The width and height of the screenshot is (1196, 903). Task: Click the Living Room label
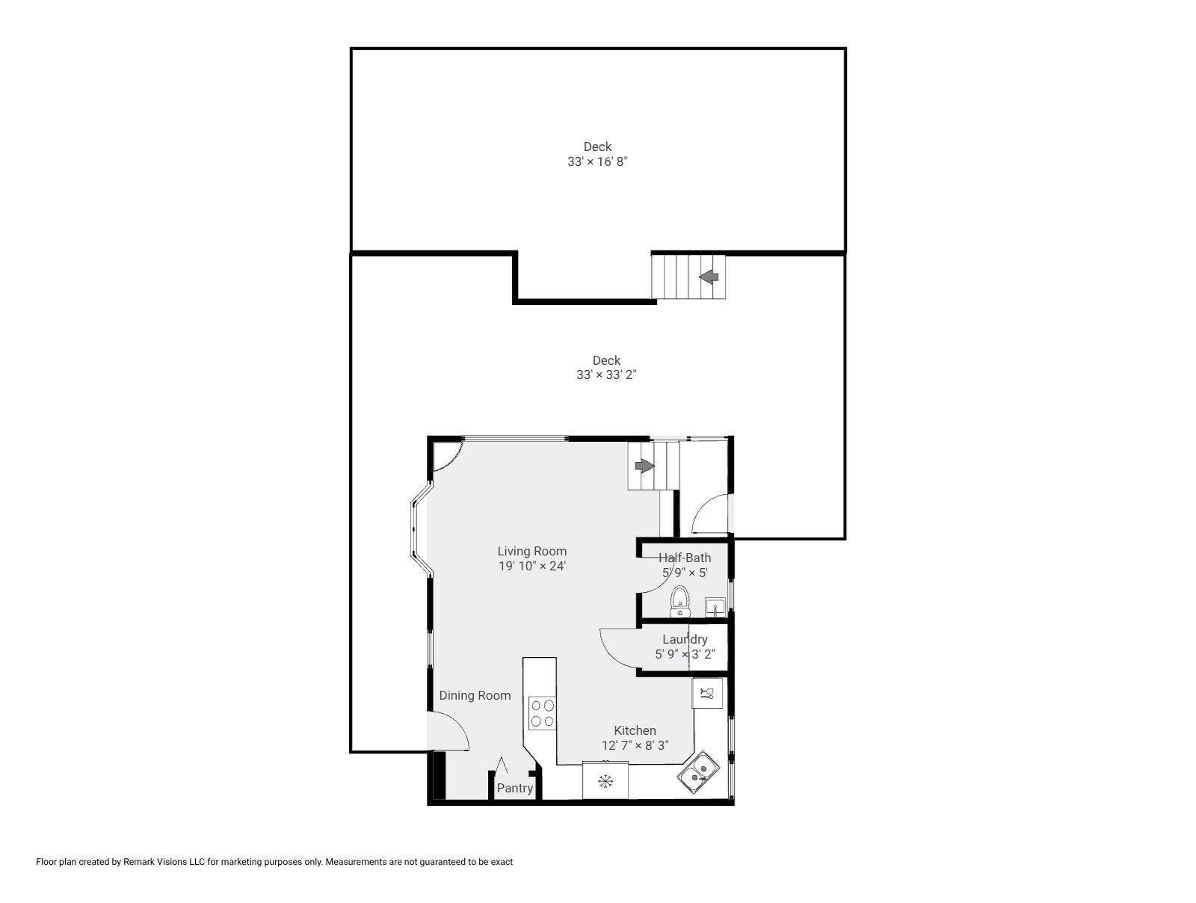pyautogui.click(x=531, y=551)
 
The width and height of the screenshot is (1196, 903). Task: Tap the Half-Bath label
pyautogui.click(x=685, y=558)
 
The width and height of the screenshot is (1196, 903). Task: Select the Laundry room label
pyautogui.click(x=685, y=639)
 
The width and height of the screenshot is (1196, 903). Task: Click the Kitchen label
pyautogui.click(x=635, y=730)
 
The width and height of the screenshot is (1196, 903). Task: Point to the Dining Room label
pyautogui.click(x=475, y=695)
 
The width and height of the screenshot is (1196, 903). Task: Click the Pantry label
pyautogui.click(x=514, y=788)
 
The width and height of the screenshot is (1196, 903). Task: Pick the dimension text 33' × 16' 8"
pyautogui.click(x=597, y=161)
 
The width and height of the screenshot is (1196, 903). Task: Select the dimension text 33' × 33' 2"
pyautogui.click(x=606, y=375)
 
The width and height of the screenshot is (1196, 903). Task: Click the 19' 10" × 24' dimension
pyautogui.click(x=531, y=567)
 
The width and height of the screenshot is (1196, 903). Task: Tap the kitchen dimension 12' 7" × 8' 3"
pyautogui.click(x=635, y=745)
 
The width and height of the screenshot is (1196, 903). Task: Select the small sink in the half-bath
pyautogui.click(x=715, y=607)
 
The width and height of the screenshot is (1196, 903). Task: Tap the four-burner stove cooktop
pyautogui.click(x=542, y=713)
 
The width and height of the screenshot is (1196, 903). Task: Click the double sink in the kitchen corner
pyautogui.click(x=698, y=773)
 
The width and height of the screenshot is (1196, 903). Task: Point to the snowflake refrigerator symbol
pyautogui.click(x=605, y=782)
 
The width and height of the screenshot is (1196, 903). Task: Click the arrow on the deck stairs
pyautogui.click(x=709, y=277)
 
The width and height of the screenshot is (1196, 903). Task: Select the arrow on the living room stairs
pyautogui.click(x=644, y=466)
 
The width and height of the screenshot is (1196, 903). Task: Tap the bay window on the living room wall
pyautogui.click(x=421, y=529)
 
